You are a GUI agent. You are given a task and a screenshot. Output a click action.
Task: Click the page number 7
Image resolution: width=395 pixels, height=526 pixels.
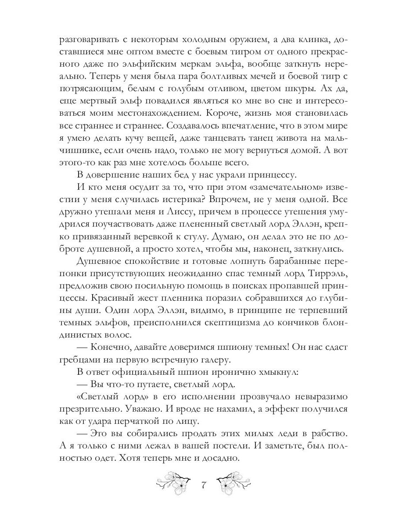point(203,486)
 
